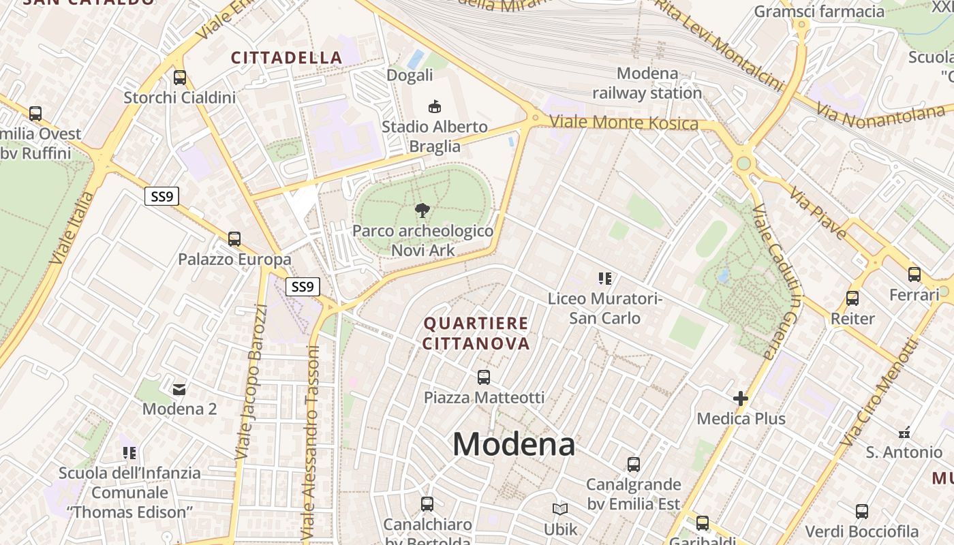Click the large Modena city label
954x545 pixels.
click(x=514, y=445)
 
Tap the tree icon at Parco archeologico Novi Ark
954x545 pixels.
click(x=422, y=210)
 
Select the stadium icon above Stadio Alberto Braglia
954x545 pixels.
click(x=434, y=106)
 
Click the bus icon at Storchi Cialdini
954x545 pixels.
click(x=180, y=78)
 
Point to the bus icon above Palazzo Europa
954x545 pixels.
click(x=234, y=239)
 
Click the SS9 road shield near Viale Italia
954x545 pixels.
click(x=162, y=197)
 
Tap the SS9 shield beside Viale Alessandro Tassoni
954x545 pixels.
click(x=302, y=287)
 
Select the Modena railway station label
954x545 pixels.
click(x=646, y=83)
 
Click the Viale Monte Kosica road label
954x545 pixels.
click(x=624, y=123)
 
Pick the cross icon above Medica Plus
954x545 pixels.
click(x=741, y=398)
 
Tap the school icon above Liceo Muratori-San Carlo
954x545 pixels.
click(x=605, y=278)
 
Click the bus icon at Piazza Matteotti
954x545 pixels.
click(x=484, y=377)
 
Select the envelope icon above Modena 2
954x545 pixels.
click(x=179, y=390)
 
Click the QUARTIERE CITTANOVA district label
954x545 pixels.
click(x=476, y=333)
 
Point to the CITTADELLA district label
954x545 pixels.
click(x=286, y=58)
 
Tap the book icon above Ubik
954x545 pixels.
click(x=560, y=509)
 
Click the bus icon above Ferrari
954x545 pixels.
click(x=914, y=275)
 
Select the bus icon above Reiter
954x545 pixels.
click(x=852, y=298)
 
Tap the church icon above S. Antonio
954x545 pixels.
click(x=904, y=432)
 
